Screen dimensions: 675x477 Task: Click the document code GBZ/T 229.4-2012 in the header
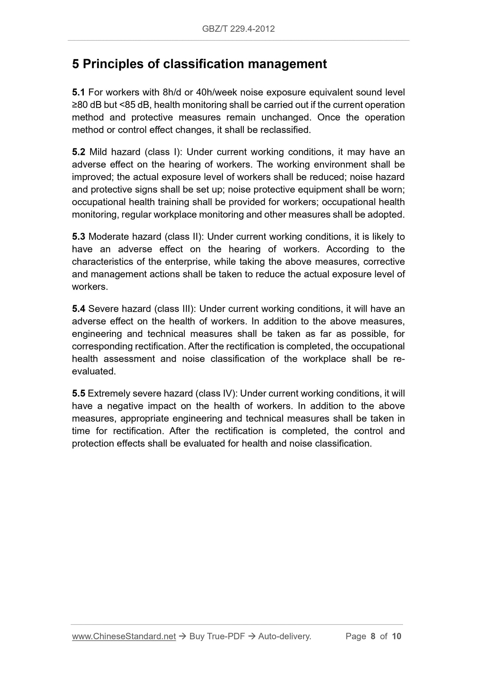pyautogui.click(x=238, y=29)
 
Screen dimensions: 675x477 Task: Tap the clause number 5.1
pyautogui.click(x=78, y=92)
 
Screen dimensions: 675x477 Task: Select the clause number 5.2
pyautogui.click(x=78, y=152)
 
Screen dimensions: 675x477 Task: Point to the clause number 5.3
pyautogui.click(x=78, y=237)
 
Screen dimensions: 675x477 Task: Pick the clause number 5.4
pyautogui.click(x=78, y=309)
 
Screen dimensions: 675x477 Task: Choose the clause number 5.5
pyautogui.click(x=78, y=394)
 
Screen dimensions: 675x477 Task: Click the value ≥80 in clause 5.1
pyautogui.click(x=80, y=105)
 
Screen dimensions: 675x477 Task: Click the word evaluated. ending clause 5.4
pyautogui.click(x=94, y=372)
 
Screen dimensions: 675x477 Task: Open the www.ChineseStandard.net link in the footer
pyautogui.click(x=124, y=636)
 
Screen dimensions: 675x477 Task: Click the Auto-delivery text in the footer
pyautogui.click(x=285, y=636)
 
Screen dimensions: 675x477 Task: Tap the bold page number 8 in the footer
pyautogui.click(x=373, y=636)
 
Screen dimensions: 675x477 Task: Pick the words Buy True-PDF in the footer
pyautogui.click(x=217, y=636)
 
